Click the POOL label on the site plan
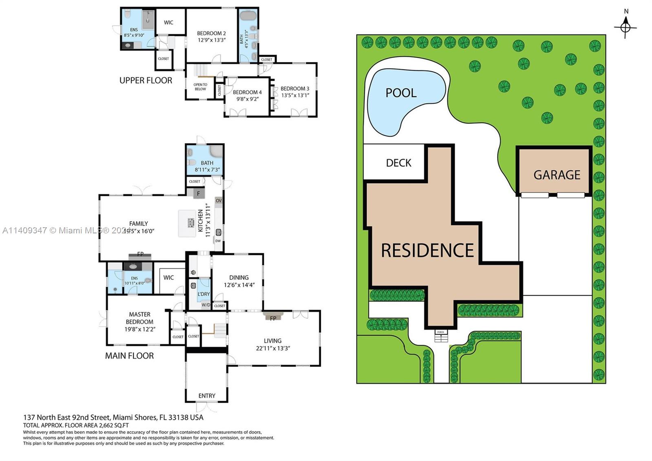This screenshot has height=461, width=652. point(401,93)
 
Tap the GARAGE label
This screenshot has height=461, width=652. point(557,175)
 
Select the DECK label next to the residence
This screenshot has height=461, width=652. point(398,163)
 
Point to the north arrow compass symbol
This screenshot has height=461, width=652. point(626,27)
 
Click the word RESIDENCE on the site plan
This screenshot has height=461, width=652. point(427,250)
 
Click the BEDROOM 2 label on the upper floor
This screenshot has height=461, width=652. point(211,33)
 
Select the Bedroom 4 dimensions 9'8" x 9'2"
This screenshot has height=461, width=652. point(248,99)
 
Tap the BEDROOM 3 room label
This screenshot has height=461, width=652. point(295,89)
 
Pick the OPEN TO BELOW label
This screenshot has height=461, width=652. point(200,87)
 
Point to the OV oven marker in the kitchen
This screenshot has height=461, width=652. point(218,201)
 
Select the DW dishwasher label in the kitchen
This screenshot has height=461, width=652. point(218,241)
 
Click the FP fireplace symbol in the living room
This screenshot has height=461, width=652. point(273,317)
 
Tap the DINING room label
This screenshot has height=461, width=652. point(239,277)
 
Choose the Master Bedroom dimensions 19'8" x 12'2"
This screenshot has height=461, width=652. point(140,329)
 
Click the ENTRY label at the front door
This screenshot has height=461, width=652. point(207,396)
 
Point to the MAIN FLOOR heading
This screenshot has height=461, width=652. point(129,356)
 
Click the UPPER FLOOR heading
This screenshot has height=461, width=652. point(145,80)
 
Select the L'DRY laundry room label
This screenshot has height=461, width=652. point(204,294)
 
